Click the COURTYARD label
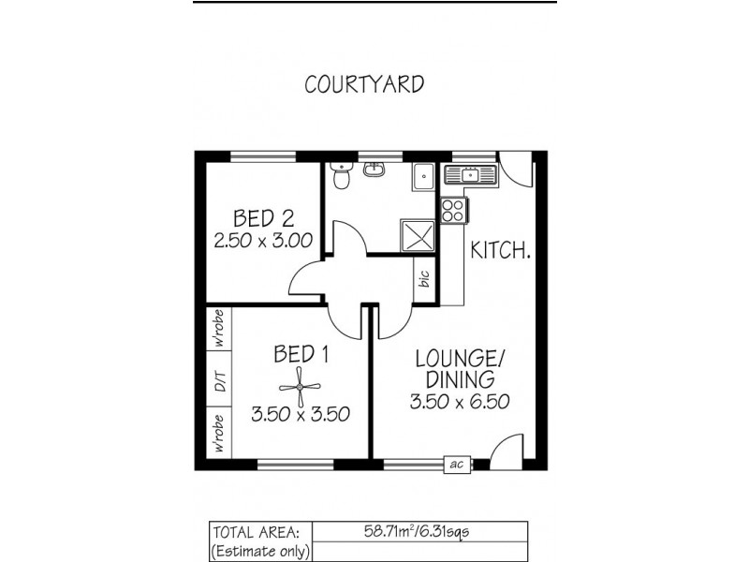coord(364,83)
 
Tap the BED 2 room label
coord(264,219)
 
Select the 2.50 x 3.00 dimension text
coord(264,242)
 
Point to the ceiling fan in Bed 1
coord(301,383)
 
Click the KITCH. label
coord(501,251)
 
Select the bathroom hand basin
coord(376,170)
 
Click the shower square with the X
coord(415,234)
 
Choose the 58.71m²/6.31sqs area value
coord(418,531)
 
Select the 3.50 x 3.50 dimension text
coord(301,412)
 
